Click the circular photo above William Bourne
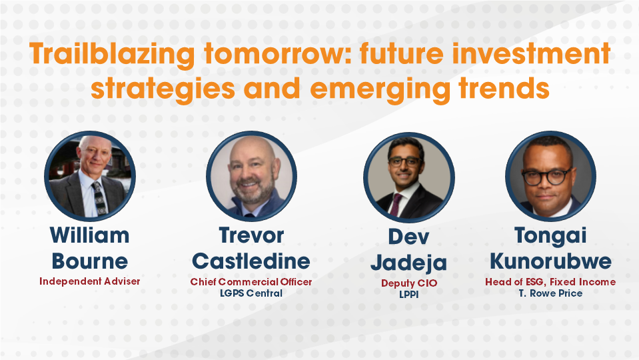click(90, 176)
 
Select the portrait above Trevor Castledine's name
click(251, 176)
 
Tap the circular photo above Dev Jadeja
click(408, 176)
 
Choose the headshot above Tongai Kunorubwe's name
click(550, 176)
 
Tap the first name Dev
click(408, 238)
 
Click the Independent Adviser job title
click(90, 281)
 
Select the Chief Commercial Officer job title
click(251, 282)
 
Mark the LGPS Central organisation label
click(251, 293)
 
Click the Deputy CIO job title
click(408, 283)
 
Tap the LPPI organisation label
click(408, 294)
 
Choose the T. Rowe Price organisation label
click(550, 293)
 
